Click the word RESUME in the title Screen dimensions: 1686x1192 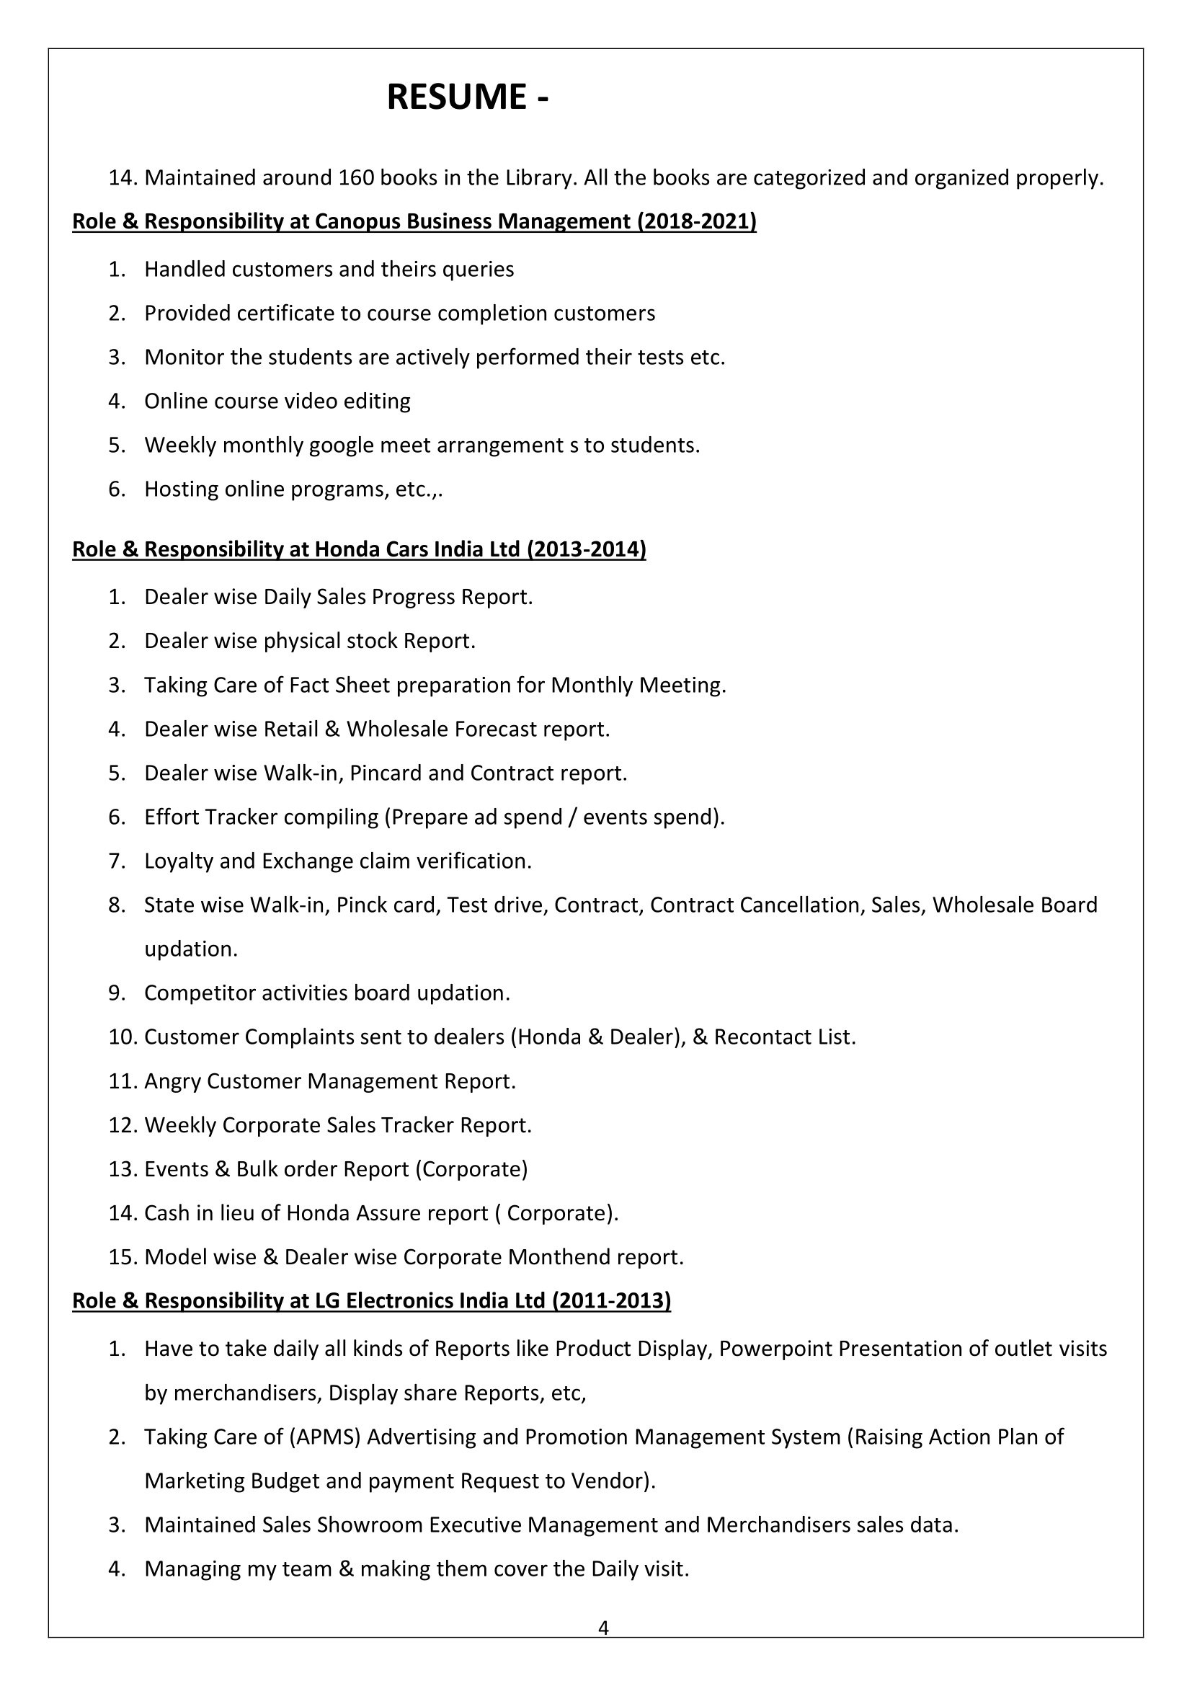[455, 97]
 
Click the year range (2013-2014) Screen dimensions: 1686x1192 [587, 549]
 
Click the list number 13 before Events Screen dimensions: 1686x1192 [122, 1169]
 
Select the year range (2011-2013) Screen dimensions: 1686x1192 [610, 1301]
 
